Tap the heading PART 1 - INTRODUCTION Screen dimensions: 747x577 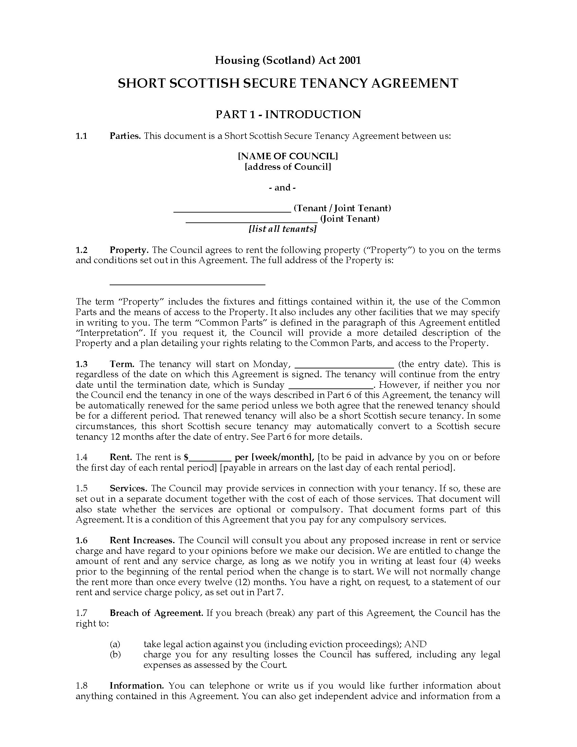click(x=288, y=114)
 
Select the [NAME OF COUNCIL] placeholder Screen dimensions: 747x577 click(x=288, y=156)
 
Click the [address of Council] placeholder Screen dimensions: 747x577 click(x=288, y=167)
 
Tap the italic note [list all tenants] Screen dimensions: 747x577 click(x=283, y=229)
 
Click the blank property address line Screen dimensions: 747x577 click(x=187, y=282)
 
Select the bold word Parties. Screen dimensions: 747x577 click(x=125, y=136)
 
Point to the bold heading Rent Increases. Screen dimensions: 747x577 click(x=142, y=541)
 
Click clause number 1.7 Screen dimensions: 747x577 click(x=82, y=613)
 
